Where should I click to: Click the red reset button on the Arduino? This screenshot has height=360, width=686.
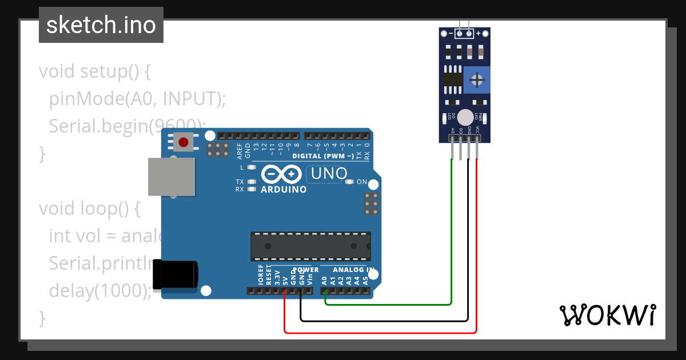(184, 142)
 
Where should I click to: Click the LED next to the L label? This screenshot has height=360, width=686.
(252, 167)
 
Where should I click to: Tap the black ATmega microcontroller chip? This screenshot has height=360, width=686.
(310, 246)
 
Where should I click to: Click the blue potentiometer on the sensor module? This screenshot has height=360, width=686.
(476, 79)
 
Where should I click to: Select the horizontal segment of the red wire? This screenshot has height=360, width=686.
(380, 332)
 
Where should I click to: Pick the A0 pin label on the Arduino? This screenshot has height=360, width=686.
(324, 281)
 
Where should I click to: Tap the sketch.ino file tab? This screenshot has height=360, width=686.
(101, 25)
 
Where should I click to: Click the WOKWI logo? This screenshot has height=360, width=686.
(607, 315)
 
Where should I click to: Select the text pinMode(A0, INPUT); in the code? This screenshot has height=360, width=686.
(137, 99)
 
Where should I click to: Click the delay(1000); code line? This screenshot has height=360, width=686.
(101, 290)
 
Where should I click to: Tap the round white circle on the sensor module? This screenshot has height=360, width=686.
(466, 117)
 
